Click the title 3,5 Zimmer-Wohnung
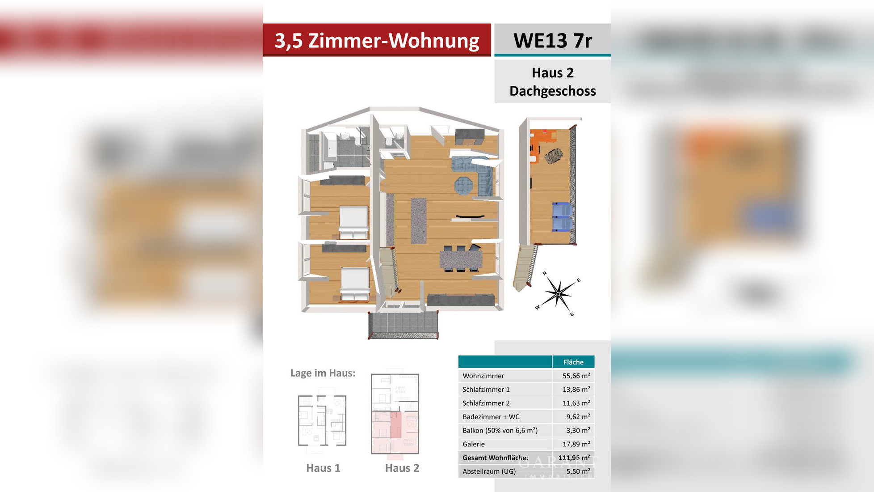(x=377, y=40)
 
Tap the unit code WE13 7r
(x=552, y=41)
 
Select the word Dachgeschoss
(x=552, y=91)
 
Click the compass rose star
(x=558, y=293)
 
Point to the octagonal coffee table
(x=463, y=185)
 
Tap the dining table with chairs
(x=461, y=259)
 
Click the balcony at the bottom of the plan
(x=403, y=325)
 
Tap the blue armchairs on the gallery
(x=562, y=216)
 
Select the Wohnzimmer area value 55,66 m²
(x=576, y=376)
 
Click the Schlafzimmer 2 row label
(x=486, y=403)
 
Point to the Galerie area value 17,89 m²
(x=576, y=444)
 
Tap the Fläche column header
(x=573, y=362)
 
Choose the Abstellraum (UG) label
(x=489, y=471)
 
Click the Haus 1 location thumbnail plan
(x=322, y=420)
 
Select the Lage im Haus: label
(x=323, y=373)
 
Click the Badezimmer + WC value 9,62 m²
(x=578, y=417)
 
